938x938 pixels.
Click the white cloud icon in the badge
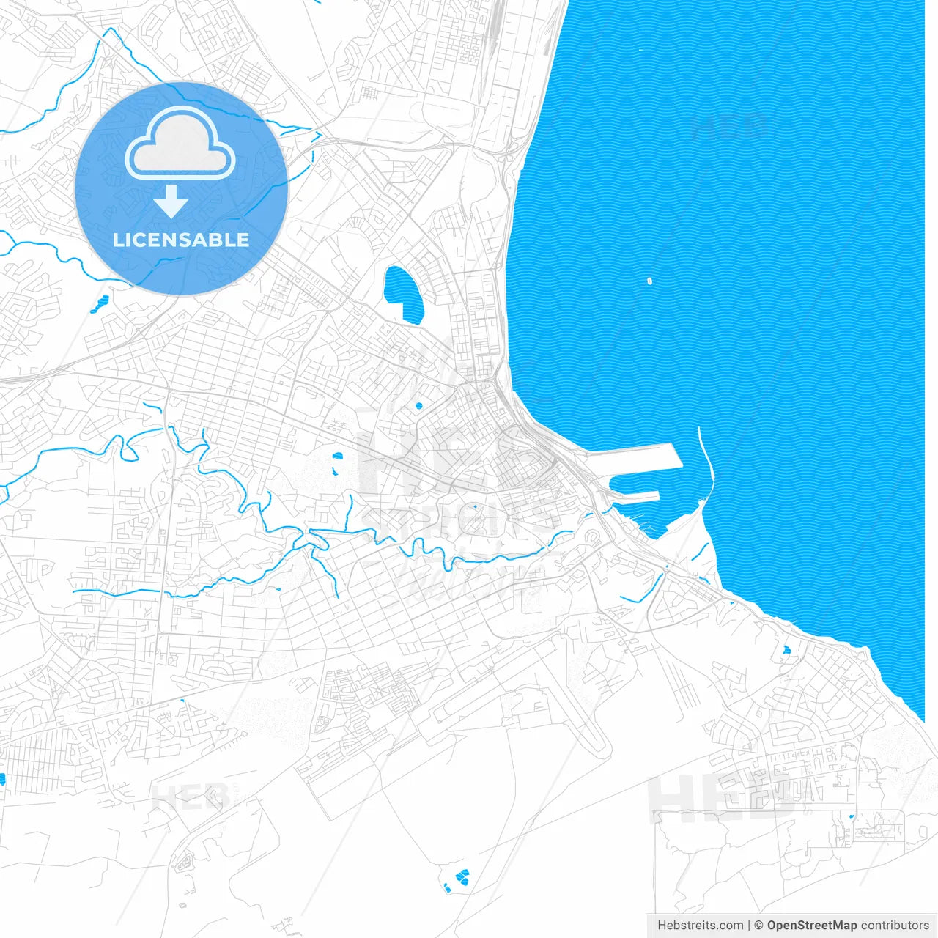(x=180, y=144)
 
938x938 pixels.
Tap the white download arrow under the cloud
(x=171, y=202)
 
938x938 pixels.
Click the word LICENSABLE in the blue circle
(x=181, y=240)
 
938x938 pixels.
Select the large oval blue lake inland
(x=403, y=294)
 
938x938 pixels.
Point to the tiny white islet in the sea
(x=649, y=280)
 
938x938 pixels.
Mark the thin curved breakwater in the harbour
(x=706, y=462)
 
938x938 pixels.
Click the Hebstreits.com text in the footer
(x=700, y=926)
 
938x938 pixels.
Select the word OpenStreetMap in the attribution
(x=812, y=926)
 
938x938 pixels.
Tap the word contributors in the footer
(x=895, y=926)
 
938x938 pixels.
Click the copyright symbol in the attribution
(x=759, y=926)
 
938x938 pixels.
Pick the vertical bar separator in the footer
(x=749, y=926)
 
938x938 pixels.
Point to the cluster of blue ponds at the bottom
(x=460, y=877)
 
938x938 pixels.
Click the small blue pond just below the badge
(x=100, y=303)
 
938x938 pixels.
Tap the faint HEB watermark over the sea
(x=729, y=127)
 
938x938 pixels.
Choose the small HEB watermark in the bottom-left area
(x=189, y=797)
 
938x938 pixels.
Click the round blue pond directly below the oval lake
(x=418, y=405)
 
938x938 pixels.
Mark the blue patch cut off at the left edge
(x=2, y=779)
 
